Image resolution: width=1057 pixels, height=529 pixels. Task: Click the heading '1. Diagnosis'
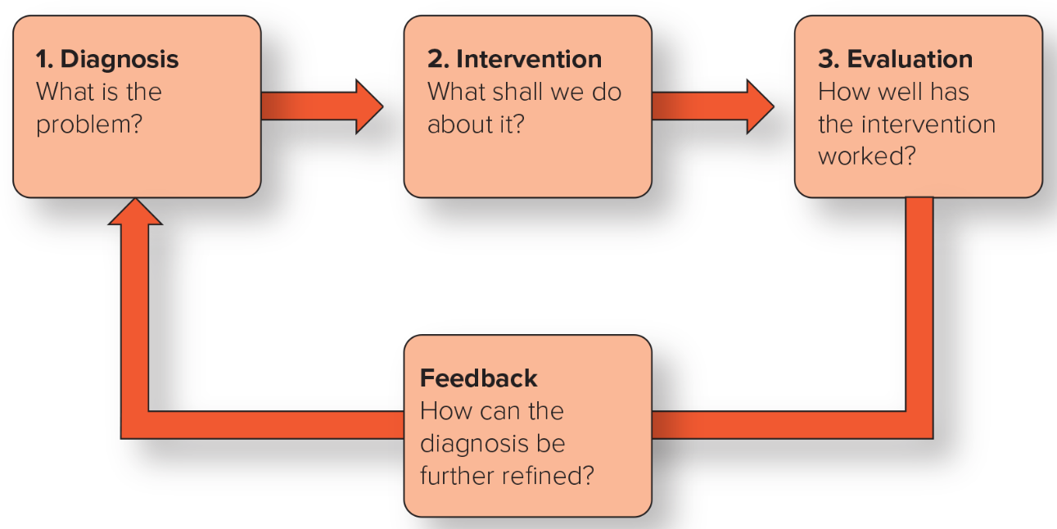pyautogui.click(x=107, y=59)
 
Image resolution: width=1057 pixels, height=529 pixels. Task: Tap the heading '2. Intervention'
pyautogui.click(x=514, y=59)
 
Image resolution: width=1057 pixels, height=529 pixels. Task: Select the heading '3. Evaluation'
pyautogui.click(x=895, y=59)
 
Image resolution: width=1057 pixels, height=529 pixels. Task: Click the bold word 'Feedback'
pyautogui.click(x=478, y=378)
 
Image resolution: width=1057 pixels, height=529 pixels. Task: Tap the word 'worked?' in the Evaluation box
pyautogui.click(x=866, y=156)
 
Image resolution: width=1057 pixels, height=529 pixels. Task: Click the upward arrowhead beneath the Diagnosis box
pyautogui.click(x=135, y=213)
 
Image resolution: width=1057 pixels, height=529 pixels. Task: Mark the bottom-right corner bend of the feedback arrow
pyautogui.click(x=919, y=424)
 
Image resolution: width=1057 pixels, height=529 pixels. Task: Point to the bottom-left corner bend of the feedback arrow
pyautogui.click(x=135, y=424)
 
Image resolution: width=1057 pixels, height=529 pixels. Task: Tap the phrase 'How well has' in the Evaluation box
pyautogui.click(x=893, y=91)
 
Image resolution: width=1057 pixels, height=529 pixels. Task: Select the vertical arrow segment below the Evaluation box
pyautogui.click(x=919, y=303)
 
